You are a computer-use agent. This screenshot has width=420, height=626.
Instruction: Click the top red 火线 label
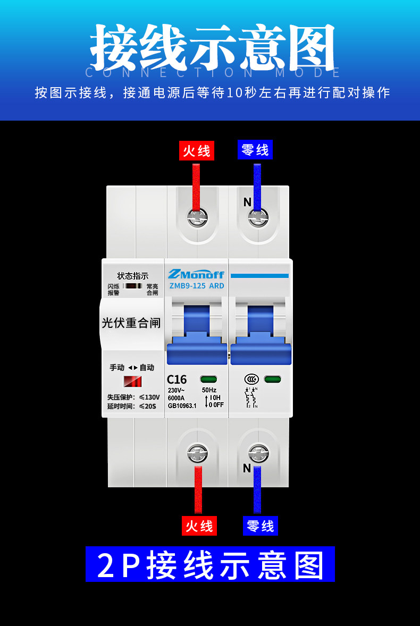pos(197,151)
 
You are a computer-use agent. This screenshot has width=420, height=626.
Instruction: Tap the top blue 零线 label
pos(255,150)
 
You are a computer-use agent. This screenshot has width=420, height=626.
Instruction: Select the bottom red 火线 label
pos(199,526)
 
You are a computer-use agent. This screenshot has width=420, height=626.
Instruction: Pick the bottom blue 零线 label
pos(261,526)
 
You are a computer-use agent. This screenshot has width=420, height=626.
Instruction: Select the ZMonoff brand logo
pos(196,274)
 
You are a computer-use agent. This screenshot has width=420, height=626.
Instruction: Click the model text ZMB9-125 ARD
pos(196,286)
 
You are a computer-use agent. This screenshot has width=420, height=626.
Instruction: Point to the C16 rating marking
pos(177,379)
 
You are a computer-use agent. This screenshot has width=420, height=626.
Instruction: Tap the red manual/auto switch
pos(132,381)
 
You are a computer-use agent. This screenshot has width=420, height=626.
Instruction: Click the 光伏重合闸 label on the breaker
pos(131,323)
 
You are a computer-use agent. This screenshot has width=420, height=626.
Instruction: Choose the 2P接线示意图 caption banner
pos(211,564)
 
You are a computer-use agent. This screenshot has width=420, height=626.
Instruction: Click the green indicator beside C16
pos(209,379)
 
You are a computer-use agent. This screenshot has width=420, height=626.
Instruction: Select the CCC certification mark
pos(252,379)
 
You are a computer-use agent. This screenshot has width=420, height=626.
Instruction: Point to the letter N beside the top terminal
pos(247,202)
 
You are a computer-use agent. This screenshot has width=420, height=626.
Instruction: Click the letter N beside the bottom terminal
pos(247,468)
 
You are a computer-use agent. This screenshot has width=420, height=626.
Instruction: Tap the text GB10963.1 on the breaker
pos(182,405)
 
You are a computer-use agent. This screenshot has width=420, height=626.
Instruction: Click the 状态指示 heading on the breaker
pos(133,276)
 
